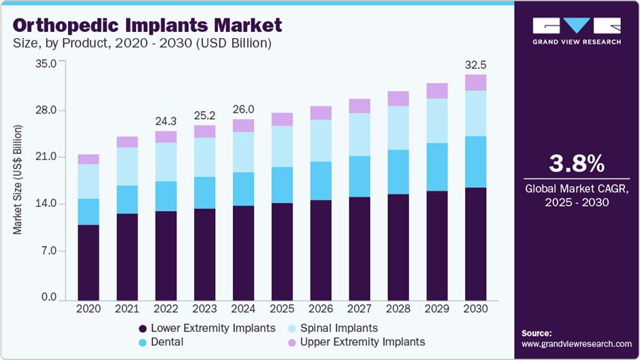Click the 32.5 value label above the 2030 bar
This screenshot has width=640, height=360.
pyautogui.click(x=475, y=65)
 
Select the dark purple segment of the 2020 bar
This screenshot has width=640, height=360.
pyautogui.click(x=89, y=263)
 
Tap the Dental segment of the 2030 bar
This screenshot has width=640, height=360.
pyautogui.click(x=475, y=162)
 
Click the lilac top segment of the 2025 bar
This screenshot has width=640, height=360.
pyautogui.click(x=282, y=120)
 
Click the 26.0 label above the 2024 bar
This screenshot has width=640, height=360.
pyautogui.click(x=243, y=110)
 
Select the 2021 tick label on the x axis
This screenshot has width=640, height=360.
pyautogui.click(x=127, y=309)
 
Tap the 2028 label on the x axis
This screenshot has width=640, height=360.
pyautogui.click(x=398, y=309)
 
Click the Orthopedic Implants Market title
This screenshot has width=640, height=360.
pyautogui.click(x=147, y=26)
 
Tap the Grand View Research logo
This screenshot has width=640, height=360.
pyautogui.click(x=577, y=31)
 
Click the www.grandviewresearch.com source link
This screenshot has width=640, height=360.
pyautogui.click(x=577, y=344)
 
